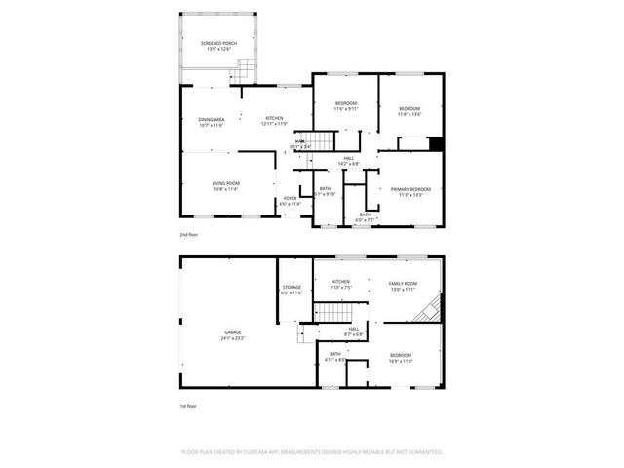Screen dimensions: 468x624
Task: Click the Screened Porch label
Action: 218,45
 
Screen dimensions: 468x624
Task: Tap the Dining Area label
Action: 212,121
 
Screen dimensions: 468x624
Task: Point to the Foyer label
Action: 290,200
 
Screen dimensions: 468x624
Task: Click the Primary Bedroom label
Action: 410,191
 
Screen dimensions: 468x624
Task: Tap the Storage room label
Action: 292,289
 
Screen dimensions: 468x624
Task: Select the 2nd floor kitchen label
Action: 274,121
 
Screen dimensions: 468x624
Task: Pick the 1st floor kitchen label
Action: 340,285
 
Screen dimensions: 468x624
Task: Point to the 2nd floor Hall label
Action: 347,161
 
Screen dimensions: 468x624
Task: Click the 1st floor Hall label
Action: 353,331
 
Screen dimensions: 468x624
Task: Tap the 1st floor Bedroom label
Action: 401,358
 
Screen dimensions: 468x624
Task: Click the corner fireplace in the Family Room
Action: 430,311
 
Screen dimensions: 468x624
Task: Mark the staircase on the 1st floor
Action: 331,313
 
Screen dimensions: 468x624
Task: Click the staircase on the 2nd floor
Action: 314,140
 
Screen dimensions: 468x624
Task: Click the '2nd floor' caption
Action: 188,236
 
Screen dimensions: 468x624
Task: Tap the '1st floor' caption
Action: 188,406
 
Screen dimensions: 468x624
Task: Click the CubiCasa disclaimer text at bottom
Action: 312,451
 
